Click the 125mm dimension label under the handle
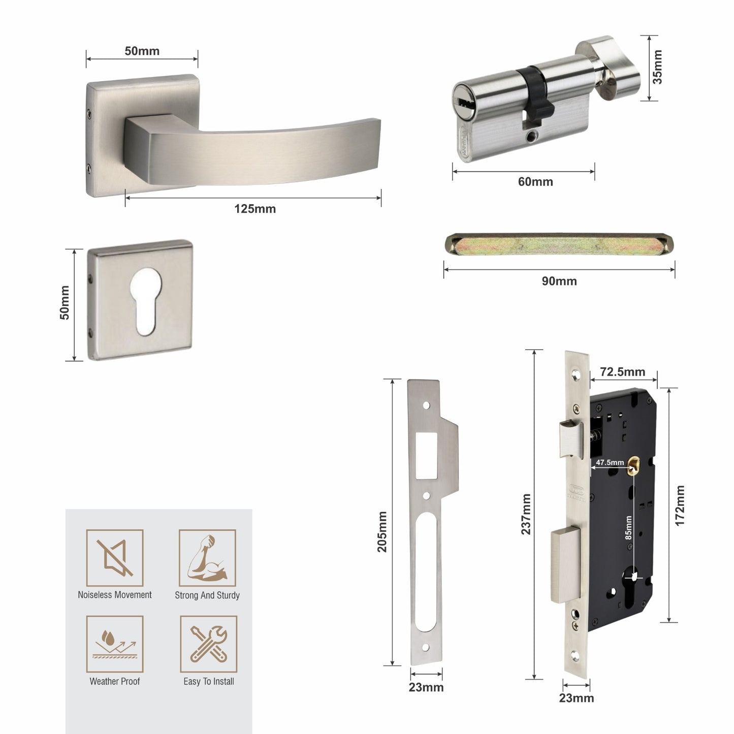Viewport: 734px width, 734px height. tap(255, 209)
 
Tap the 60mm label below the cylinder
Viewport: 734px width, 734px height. tap(535, 182)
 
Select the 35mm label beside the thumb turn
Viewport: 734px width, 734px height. tap(657, 67)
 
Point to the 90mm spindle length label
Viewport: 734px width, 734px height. tap(559, 281)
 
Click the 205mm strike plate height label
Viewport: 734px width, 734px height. tap(382, 531)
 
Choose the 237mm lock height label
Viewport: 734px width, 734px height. tap(526, 514)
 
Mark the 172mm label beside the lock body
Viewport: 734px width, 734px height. tap(680, 505)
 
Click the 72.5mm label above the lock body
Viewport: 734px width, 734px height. tap(622, 372)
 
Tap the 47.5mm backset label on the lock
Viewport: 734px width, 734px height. tap(610, 462)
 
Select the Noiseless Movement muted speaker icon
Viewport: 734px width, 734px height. tap(115, 558)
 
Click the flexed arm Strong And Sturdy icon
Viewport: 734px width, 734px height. tap(207, 558)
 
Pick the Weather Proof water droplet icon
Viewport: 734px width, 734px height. tap(115, 644)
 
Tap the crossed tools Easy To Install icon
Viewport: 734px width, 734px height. tap(208, 644)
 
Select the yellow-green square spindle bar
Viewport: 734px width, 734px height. tap(559, 245)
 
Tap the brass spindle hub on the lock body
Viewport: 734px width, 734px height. tap(633, 465)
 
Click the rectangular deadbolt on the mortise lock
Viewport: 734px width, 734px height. tap(566, 564)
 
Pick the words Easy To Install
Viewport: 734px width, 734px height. tap(209, 682)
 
